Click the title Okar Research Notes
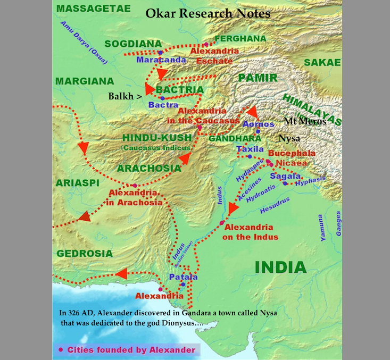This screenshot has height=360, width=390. click(208, 13)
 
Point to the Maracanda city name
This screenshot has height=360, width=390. click(161, 60)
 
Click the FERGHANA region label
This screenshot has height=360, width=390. click(240, 38)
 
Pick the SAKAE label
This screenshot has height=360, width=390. click(322, 62)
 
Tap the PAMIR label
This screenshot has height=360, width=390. click(258, 78)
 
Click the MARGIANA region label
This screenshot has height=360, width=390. click(84, 81)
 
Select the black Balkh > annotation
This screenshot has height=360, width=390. click(125, 96)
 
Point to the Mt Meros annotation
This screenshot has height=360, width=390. click(305, 122)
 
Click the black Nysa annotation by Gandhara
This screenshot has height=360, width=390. click(289, 138)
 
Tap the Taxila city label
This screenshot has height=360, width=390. click(250, 149)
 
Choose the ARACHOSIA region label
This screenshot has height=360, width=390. click(149, 168)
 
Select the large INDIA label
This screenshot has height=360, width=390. click(280, 267)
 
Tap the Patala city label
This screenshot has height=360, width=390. click(183, 277)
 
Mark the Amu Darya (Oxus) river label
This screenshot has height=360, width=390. click(84, 45)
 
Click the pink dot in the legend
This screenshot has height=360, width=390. click(61, 349)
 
